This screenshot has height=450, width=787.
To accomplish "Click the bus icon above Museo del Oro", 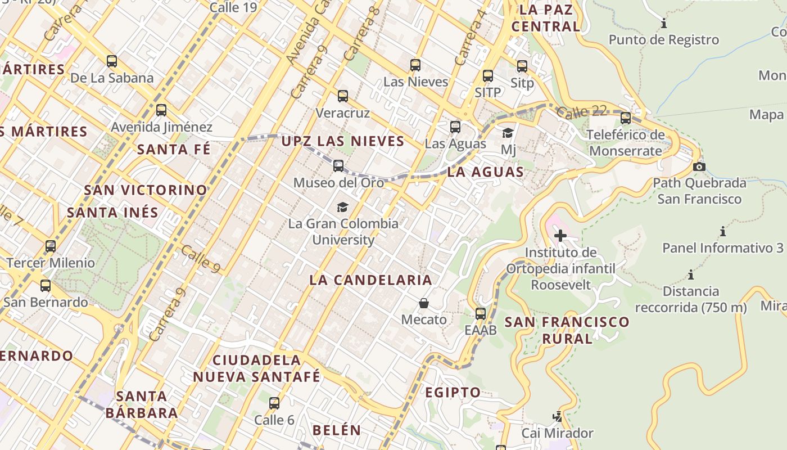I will pyautogui.click(x=338, y=166).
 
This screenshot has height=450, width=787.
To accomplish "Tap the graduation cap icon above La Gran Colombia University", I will pyautogui.click(x=342, y=207).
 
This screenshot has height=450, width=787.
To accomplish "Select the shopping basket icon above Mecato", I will pyautogui.click(x=424, y=304).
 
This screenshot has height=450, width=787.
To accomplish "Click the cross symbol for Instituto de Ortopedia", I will pyautogui.click(x=560, y=236).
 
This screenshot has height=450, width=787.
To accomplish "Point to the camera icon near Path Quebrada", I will pyautogui.click(x=699, y=166).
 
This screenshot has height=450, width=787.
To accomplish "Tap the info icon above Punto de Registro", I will pyautogui.click(x=664, y=24).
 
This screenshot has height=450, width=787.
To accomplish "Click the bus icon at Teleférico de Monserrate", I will pyautogui.click(x=625, y=118).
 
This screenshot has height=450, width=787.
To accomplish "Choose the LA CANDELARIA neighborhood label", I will pyautogui.click(x=370, y=280).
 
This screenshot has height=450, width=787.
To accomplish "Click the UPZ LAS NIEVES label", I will pyautogui.click(x=343, y=141).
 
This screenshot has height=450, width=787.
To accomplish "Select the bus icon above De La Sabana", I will pyautogui.click(x=112, y=61).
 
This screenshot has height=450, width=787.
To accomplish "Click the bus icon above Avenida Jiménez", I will pyautogui.click(x=161, y=110).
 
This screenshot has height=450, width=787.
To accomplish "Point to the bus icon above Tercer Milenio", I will pyautogui.click(x=51, y=246).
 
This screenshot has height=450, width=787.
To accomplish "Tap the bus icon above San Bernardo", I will pyautogui.click(x=46, y=286).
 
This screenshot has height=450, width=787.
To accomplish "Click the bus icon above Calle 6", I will pyautogui.click(x=274, y=403).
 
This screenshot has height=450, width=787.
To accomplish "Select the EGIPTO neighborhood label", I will pyautogui.click(x=453, y=393).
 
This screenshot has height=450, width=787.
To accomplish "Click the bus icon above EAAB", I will pyautogui.click(x=481, y=314).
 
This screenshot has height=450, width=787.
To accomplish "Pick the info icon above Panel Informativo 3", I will pyautogui.click(x=722, y=231).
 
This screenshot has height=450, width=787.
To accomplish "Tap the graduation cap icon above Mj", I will pyautogui.click(x=508, y=133).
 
